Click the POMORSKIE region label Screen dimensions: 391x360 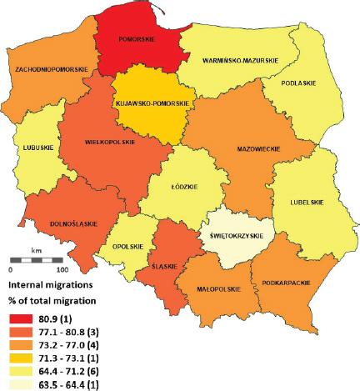click(136, 38)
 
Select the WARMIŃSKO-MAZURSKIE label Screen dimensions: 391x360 click(239, 60)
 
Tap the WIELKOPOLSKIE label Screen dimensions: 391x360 click(110, 142)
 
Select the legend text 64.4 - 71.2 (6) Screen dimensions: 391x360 click(72, 371)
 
